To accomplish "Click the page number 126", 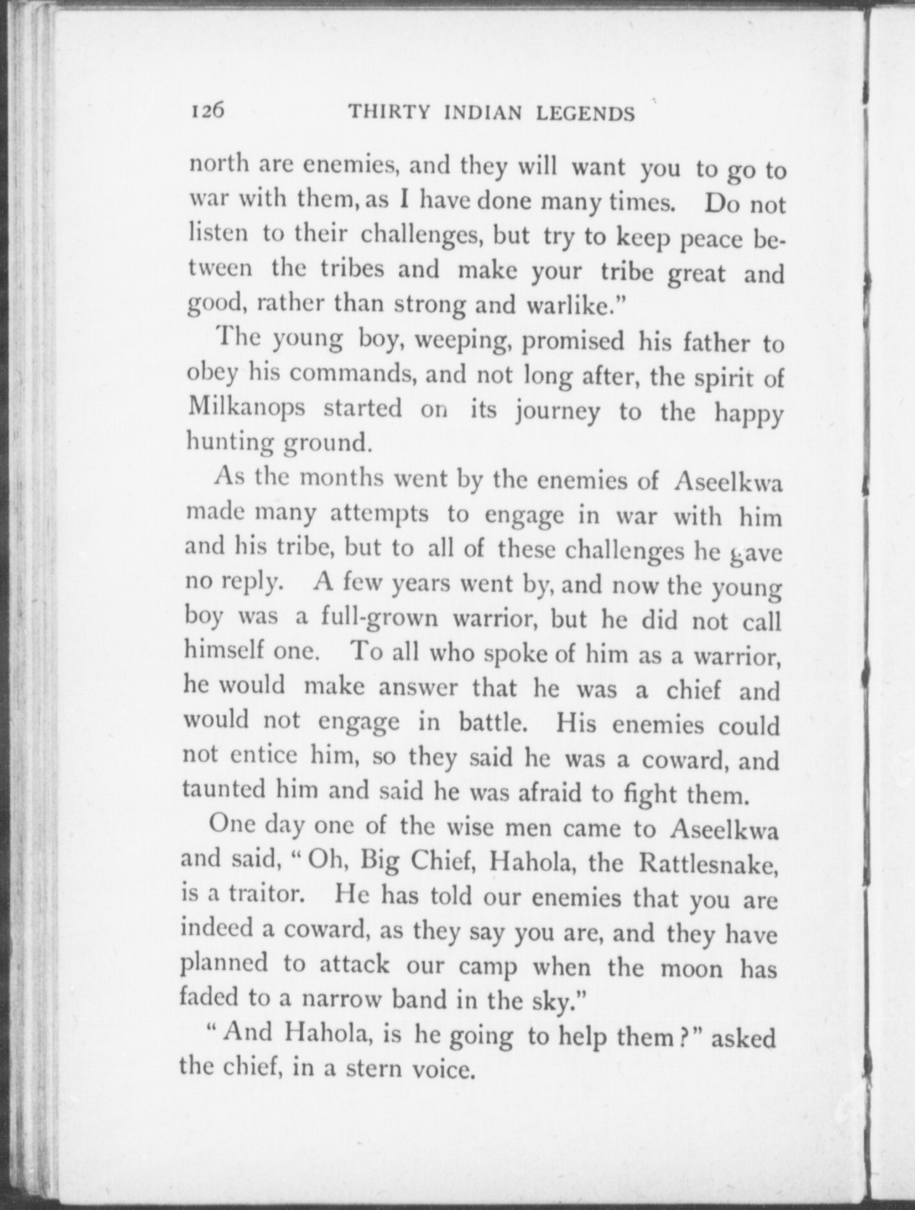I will (x=208, y=111).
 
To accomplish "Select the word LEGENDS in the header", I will (x=585, y=113).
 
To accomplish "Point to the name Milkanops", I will (x=246, y=407).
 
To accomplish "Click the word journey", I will (x=557, y=411).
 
